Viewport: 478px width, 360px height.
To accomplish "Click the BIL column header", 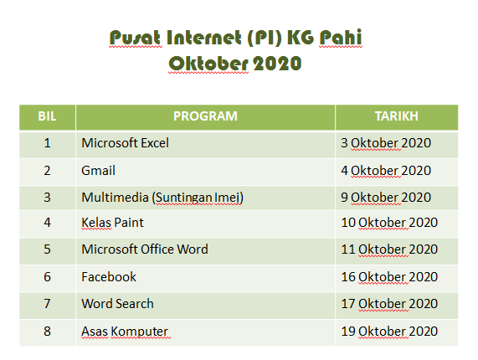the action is click(x=47, y=116).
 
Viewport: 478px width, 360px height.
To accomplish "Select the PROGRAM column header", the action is click(x=205, y=116).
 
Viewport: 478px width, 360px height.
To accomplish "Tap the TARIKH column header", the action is click(x=396, y=116).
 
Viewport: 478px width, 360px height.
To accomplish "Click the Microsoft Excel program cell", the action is click(x=125, y=143).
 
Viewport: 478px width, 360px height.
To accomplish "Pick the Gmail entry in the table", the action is click(x=98, y=171).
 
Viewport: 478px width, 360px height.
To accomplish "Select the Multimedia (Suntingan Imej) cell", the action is click(x=162, y=198).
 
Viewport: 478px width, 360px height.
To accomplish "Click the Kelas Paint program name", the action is click(x=112, y=223).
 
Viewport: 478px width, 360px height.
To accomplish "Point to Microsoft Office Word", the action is click(x=145, y=249).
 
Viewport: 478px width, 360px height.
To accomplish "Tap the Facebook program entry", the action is click(x=109, y=277).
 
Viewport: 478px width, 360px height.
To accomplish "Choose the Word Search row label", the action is click(x=117, y=304).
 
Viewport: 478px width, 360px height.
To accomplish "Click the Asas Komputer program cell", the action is click(x=125, y=332).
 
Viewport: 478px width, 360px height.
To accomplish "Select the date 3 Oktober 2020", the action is click(x=386, y=143).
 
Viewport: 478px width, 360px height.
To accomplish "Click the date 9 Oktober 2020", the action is click(x=386, y=198).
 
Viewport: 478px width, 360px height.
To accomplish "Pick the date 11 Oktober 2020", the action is click(x=389, y=249).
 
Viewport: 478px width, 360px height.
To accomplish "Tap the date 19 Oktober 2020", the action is click(x=389, y=332).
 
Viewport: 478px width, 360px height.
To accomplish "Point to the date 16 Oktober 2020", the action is click(x=389, y=277).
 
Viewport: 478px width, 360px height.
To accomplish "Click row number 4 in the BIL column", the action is click(x=47, y=223).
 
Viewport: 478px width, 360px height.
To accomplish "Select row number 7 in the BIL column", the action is click(x=47, y=304).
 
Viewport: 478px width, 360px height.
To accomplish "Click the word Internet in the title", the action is click(x=204, y=38).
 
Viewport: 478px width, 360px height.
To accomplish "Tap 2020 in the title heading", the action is click(x=277, y=64).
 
